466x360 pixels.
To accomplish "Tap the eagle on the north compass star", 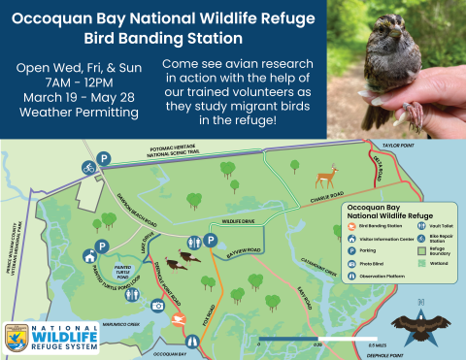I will pyautogui.click(x=416, y=326).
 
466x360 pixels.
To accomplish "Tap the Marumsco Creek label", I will pyautogui.click(x=121, y=324).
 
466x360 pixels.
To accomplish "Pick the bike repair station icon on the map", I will pyautogui.click(x=88, y=167).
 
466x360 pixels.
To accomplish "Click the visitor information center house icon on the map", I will pyautogui.click(x=89, y=256).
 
